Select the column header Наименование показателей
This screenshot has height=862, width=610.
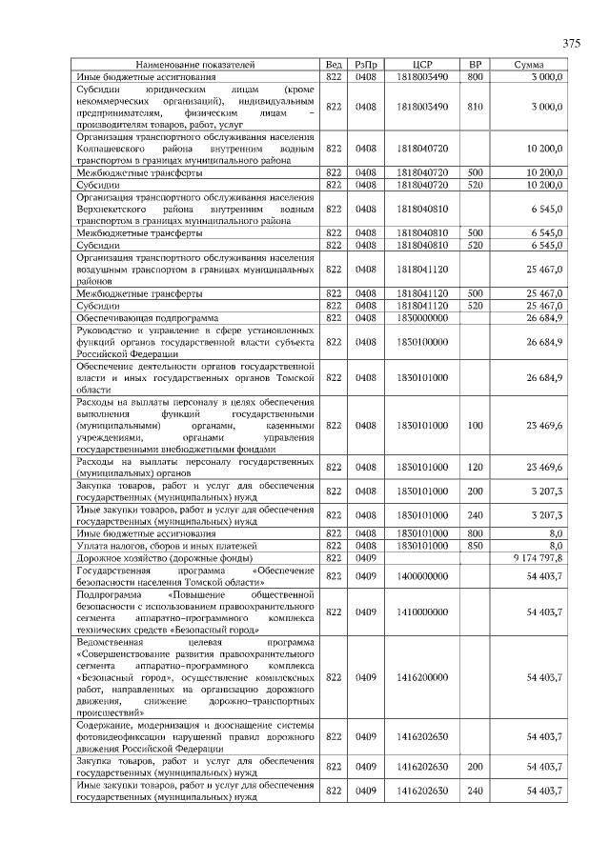[x=196, y=64]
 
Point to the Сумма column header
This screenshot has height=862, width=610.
[x=529, y=64]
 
